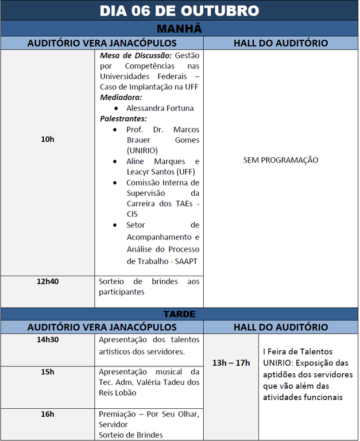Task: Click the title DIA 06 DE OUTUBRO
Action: pos(179,11)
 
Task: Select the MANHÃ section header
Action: pos(179,29)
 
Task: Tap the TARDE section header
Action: pos(179,314)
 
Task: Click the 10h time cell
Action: pos(48,139)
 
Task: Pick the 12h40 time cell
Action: pos(48,281)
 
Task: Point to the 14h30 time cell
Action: pos(48,339)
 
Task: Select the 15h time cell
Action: pos(48,372)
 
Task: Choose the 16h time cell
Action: pos(48,414)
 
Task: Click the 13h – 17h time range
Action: pos(231,362)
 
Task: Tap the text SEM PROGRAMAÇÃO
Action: pos(281,160)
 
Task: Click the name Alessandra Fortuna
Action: pos(160,108)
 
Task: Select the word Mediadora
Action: pos(121,98)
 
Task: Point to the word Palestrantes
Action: pos(123,118)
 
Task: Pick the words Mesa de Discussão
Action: pos(136,56)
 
